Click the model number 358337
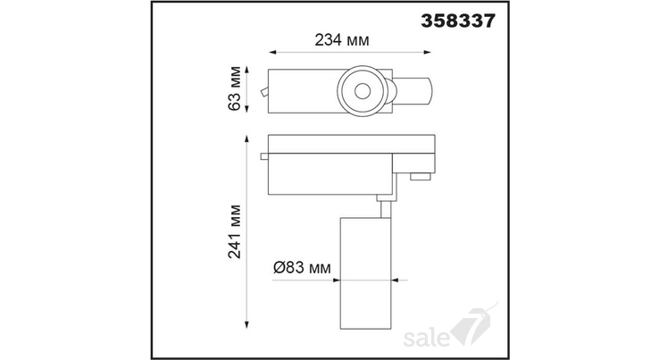point(458,21)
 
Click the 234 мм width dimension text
point(342,40)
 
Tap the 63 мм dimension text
point(235,88)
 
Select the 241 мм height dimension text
point(235,231)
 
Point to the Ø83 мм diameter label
point(302,267)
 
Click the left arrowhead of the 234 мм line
point(272,52)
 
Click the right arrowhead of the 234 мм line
point(428,52)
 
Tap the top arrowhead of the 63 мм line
point(247,70)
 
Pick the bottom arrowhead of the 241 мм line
point(247,324)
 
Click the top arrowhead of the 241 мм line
point(247,138)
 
